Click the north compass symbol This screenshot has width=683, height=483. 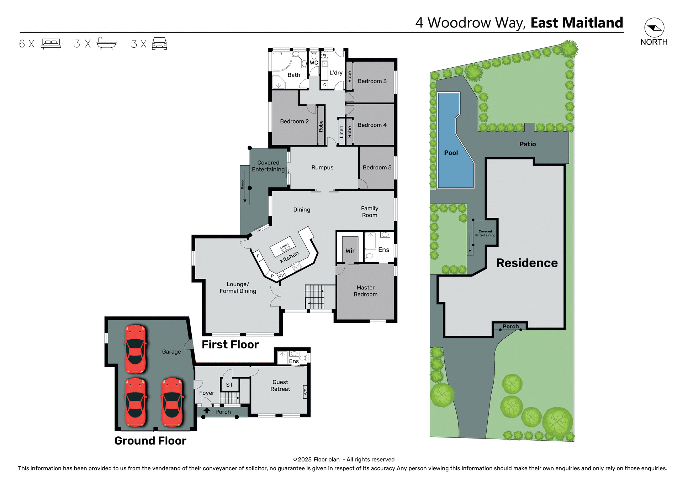(x=654, y=28)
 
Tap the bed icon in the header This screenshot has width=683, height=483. (x=51, y=44)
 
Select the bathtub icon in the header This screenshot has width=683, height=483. (x=106, y=43)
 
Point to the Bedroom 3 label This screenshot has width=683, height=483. (x=372, y=81)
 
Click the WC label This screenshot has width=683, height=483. (x=314, y=63)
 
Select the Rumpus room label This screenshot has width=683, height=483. (x=322, y=168)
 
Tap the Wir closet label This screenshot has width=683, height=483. (x=350, y=251)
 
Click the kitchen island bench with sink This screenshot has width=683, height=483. (x=282, y=247)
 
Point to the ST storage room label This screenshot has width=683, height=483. (x=229, y=385)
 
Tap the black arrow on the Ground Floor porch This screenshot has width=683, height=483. (x=207, y=410)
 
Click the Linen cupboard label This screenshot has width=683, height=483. (x=341, y=132)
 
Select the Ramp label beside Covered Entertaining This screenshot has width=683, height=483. (x=243, y=184)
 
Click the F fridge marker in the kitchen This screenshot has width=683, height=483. (x=258, y=256)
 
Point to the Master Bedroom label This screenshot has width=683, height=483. (x=365, y=291)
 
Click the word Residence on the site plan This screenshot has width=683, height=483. (x=527, y=263)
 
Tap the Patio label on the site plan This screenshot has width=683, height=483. (x=527, y=144)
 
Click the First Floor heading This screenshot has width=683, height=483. (x=230, y=345)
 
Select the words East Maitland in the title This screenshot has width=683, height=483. (x=577, y=23)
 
